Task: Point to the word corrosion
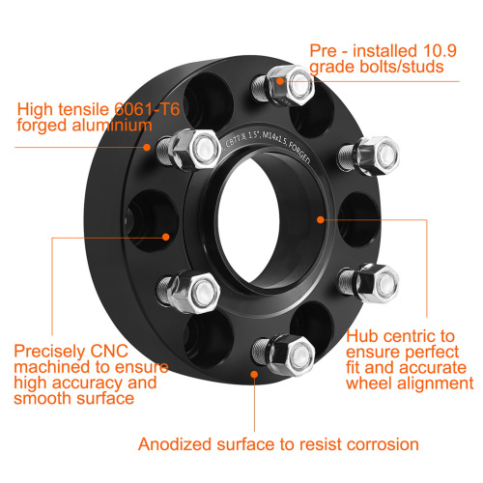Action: click(379, 444)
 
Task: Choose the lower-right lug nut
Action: click(374, 282)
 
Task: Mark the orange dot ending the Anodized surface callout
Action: click(254, 371)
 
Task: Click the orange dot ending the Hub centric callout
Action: click(323, 219)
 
